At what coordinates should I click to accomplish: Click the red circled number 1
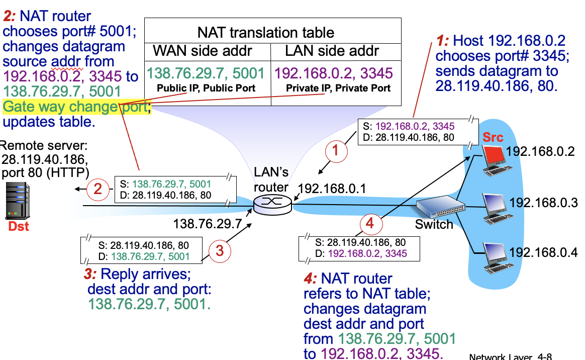click(337, 150)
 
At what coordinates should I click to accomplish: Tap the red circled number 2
click(98, 189)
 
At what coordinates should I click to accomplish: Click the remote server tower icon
click(17, 202)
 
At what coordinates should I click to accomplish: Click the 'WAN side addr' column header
click(203, 51)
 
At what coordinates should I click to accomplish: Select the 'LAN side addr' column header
click(332, 51)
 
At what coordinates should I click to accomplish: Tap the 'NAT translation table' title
click(265, 33)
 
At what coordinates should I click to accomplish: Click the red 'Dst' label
click(18, 226)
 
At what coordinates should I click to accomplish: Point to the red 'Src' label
click(493, 137)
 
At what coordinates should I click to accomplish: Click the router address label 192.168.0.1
click(332, 189)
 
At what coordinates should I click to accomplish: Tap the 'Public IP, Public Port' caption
click(207, 88)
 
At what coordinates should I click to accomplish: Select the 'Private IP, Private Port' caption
click(338, 88)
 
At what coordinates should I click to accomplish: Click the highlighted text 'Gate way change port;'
click(76, 107)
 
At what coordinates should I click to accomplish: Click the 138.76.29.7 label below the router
click(208, 223)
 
